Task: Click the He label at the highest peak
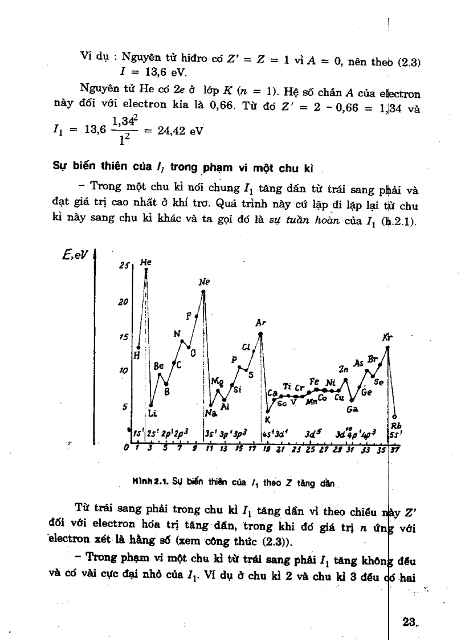pyautogui.click(x=146, y=263)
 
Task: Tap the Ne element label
pyautogui.click(x=204, y=282)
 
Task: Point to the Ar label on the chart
pyautogui.click(x=260, y=323)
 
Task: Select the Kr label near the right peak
pyautogui.click(x=387, y=337)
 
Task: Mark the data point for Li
pyautogui.click(x=151, y=405)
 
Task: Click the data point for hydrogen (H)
pyautogui.click(x=138, y=347)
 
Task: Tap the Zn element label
pyautogui.click(x=343, y=369)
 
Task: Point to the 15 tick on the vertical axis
pyautogui.click(x=123, y=337)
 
